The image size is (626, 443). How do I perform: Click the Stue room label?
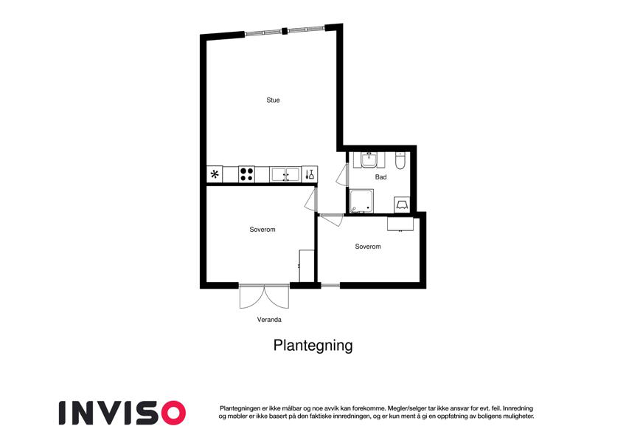pyautogui.click(x=273, y=100)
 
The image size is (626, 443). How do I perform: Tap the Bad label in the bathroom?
pyautogui.click(x=380, y=177)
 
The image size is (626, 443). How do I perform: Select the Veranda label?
pyautogui.click(x=269, y=320)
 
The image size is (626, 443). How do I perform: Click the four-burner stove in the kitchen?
pyautogui.click(x=246, y=175)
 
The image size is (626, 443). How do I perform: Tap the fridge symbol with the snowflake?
pyautogui.click(x=215, y=175)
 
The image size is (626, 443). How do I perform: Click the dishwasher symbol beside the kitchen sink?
pyautogui.click(x=310, y=175)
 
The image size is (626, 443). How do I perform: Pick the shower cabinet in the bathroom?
pyautogui.click(x=361, y=202)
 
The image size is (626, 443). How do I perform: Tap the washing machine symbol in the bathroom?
pyautogui.click(x=403, y=204)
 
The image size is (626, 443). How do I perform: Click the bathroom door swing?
pyautogui.click(x=340, y=176)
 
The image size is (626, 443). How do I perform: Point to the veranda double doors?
pyautogui.click(x=264, y=297)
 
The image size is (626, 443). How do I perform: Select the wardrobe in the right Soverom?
pyautogui.click(x=401, y=224)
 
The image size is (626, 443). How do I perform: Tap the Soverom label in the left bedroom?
pyautogui.click(x=262, y=230)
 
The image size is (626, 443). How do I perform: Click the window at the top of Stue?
pyautogui.click(x=284, y=31)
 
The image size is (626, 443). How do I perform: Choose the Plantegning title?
pyautogui.click(x=313, y=345)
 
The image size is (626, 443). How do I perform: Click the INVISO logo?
pyautogui.click(x=122, y=412)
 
